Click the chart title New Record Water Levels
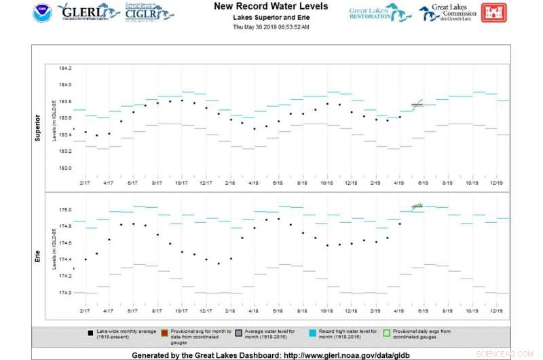pyautogui.click(x=271, y=6)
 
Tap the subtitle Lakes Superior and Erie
pyautogui.click(x=271, y=16)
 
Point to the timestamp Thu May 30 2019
pyautogui.click(x=271, y=27)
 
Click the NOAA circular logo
pyautogui.click(x=42, y=13)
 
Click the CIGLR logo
pyautogui.click(x=149, y=12)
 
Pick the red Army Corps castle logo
pyautogui.click(x=493, y=12)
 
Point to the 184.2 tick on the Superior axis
pyautogui.click(x=65, y=68)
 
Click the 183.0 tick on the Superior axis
pyautogui.click(x=65, y=168)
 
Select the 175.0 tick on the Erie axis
pyautogui.click(x=65, y=210)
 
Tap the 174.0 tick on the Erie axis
pyautogui.click(x=65, y=293)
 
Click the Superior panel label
pyautogui.click(x=38, y=127)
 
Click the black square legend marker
pyautogui.click(x=90, y=333)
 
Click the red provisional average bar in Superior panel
pyautogui.click(x=417, y=105)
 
